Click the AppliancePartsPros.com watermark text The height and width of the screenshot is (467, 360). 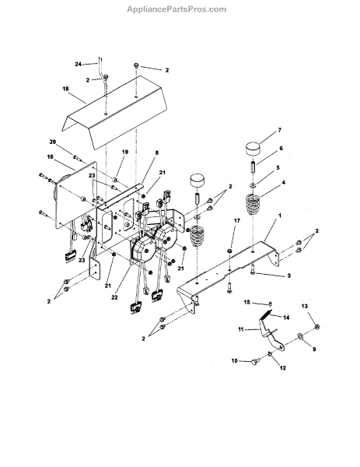[x=177, y=9]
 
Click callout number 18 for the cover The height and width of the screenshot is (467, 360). [x=65, y=89]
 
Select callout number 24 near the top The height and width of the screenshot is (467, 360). [x=78, y=64]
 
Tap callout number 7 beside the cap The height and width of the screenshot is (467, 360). [x=279, y=130]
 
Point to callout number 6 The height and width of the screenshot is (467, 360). [x=281, y=148]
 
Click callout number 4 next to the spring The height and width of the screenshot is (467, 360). [x=283, y=182]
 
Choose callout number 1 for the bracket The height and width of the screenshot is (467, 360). [x=279, y=215]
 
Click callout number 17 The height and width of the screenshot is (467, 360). [x=237, y=221]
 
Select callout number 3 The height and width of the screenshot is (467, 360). [x=289, y=276]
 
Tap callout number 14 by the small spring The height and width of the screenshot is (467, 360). [x=286, y=318]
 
